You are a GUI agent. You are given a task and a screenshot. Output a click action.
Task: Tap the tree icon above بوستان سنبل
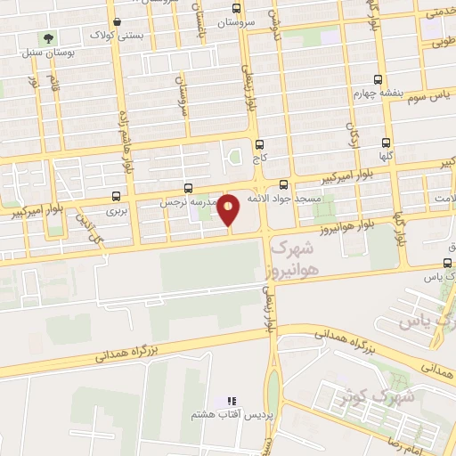[47, 38]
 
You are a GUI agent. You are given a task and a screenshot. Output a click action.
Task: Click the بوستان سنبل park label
[37, 53]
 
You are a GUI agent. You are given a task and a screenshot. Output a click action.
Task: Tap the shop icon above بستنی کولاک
[117, 21]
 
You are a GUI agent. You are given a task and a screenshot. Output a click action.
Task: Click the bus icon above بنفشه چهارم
[378, 78]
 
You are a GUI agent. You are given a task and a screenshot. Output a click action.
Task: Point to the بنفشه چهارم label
[374, 93]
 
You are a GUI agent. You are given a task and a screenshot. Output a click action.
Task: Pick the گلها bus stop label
[385, 155]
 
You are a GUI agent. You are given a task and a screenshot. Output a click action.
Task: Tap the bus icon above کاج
[259, 144]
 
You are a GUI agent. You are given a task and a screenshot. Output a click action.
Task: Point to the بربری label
[117, 211]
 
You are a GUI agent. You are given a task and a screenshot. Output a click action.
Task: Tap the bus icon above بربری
[117, 197]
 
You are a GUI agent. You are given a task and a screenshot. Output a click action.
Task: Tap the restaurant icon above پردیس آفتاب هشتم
[232, 402]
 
